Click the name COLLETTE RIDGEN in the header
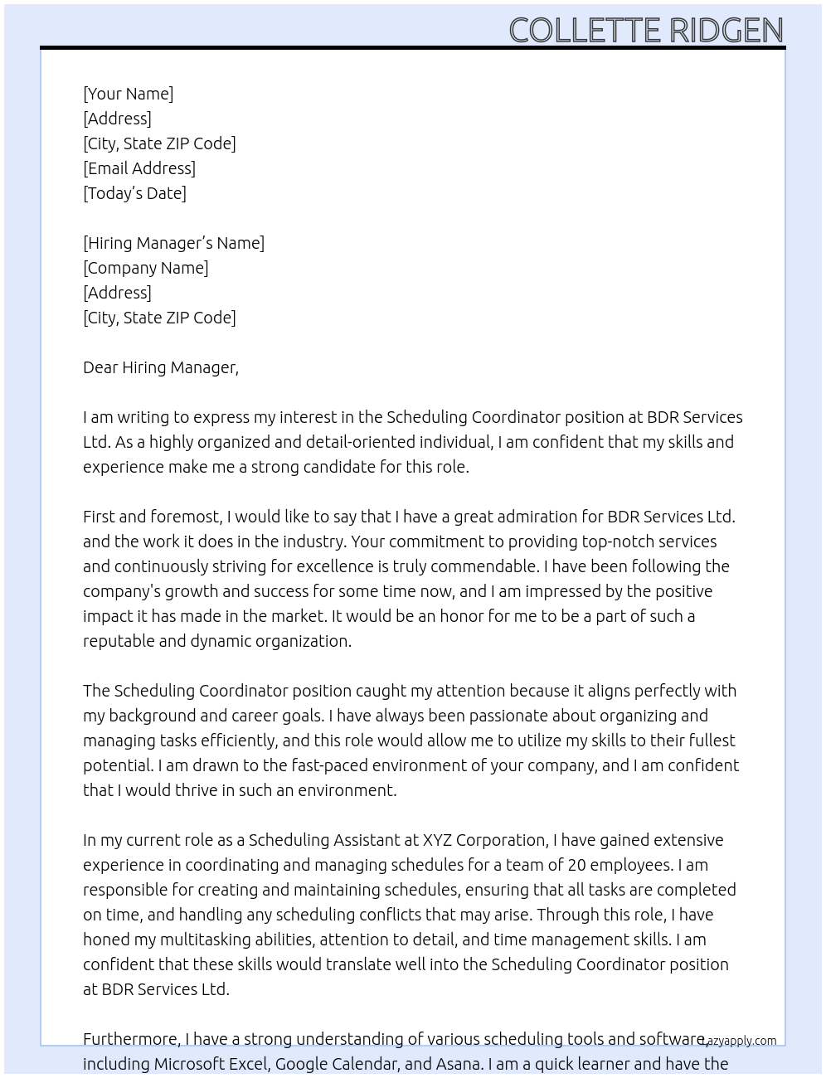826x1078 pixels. point(645,30)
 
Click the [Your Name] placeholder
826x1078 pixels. point(128,94)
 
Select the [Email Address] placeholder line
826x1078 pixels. point(139,168)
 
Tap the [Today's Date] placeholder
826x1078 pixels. point(134,193)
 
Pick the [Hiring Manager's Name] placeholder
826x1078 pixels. point(173,243)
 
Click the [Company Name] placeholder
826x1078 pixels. point(146,268)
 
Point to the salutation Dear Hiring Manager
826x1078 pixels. point(160,367)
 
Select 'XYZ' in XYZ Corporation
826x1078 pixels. point(437,840)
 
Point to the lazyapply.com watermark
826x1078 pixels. point(740,1041)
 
